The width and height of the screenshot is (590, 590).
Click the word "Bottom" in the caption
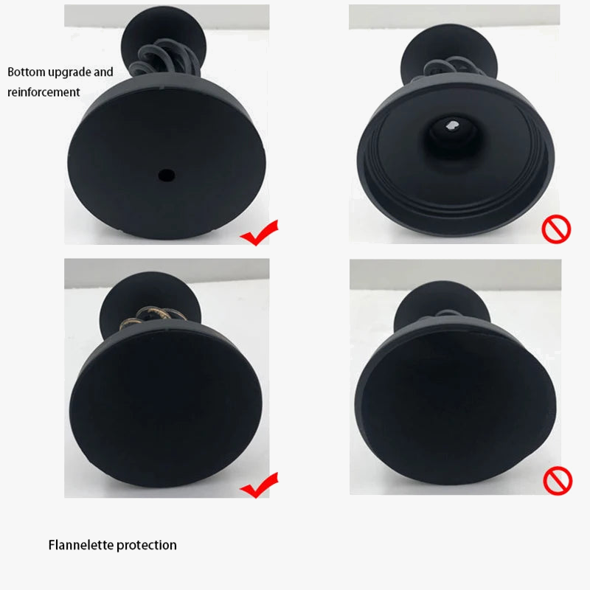tap(27, 72)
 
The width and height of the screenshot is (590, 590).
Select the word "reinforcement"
tap(44, 92)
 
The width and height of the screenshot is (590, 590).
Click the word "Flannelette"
tap(81, 545)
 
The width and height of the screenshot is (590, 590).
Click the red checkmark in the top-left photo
tap(260, 233)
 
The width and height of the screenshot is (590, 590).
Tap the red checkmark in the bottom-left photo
tap(260, 485)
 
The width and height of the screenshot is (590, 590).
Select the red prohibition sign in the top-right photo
tap(556, 229)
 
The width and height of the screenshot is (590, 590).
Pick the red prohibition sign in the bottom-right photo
tap(558, 481)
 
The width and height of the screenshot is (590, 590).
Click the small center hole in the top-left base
tap(167, 175)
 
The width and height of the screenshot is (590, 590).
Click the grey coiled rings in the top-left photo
tap(163, 60)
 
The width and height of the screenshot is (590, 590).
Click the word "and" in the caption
tap(103, 72)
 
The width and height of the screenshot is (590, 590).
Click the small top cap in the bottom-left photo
tap(150, 297)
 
